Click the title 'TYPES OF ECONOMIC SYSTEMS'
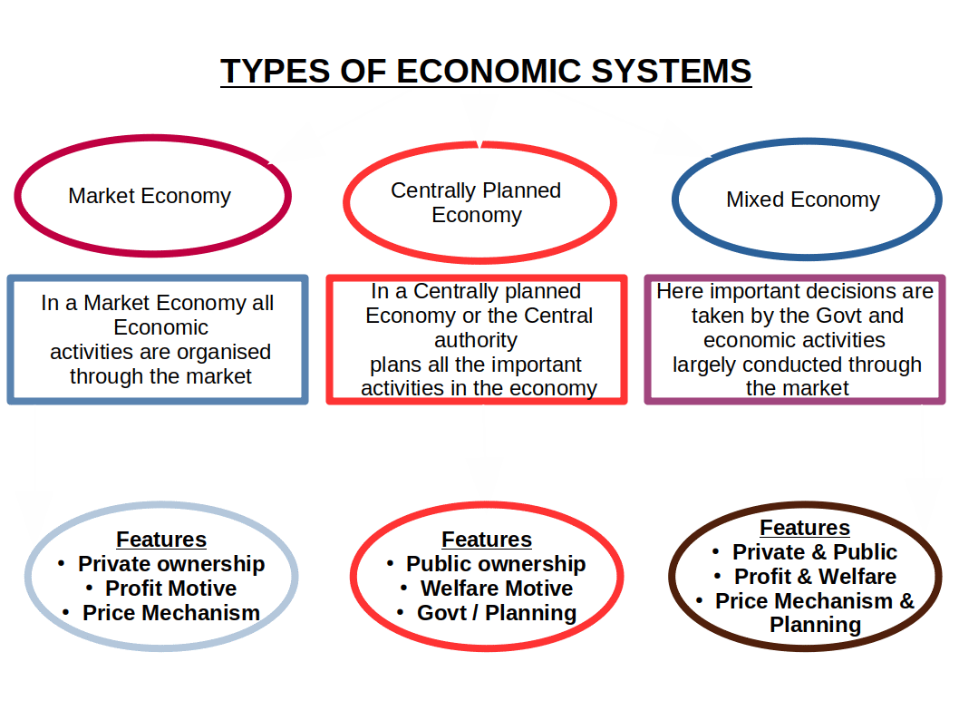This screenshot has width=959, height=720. coord(486,72)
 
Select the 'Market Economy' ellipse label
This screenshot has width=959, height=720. coord(150,196)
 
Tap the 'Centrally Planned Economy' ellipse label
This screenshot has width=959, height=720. coord(477,202)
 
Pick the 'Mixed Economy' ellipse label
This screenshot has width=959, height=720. coord(803,199)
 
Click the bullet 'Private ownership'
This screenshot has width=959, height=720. coord(171,564)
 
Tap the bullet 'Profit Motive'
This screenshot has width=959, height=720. coord(170,589)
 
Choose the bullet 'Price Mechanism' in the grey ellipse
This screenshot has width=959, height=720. coord(171,613)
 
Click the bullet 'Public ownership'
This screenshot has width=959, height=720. coord(496,564)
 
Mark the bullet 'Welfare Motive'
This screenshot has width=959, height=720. coord(497,589)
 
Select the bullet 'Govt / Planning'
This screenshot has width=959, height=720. coord(496,613)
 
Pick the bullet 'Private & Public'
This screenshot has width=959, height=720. coord(814,552)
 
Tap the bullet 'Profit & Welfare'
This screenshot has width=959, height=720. coord(815,577)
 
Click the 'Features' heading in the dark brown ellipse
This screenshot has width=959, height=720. coord(805,528)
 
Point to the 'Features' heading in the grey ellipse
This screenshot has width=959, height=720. coord(161,540)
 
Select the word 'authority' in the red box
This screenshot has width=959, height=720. coord(476,340)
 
